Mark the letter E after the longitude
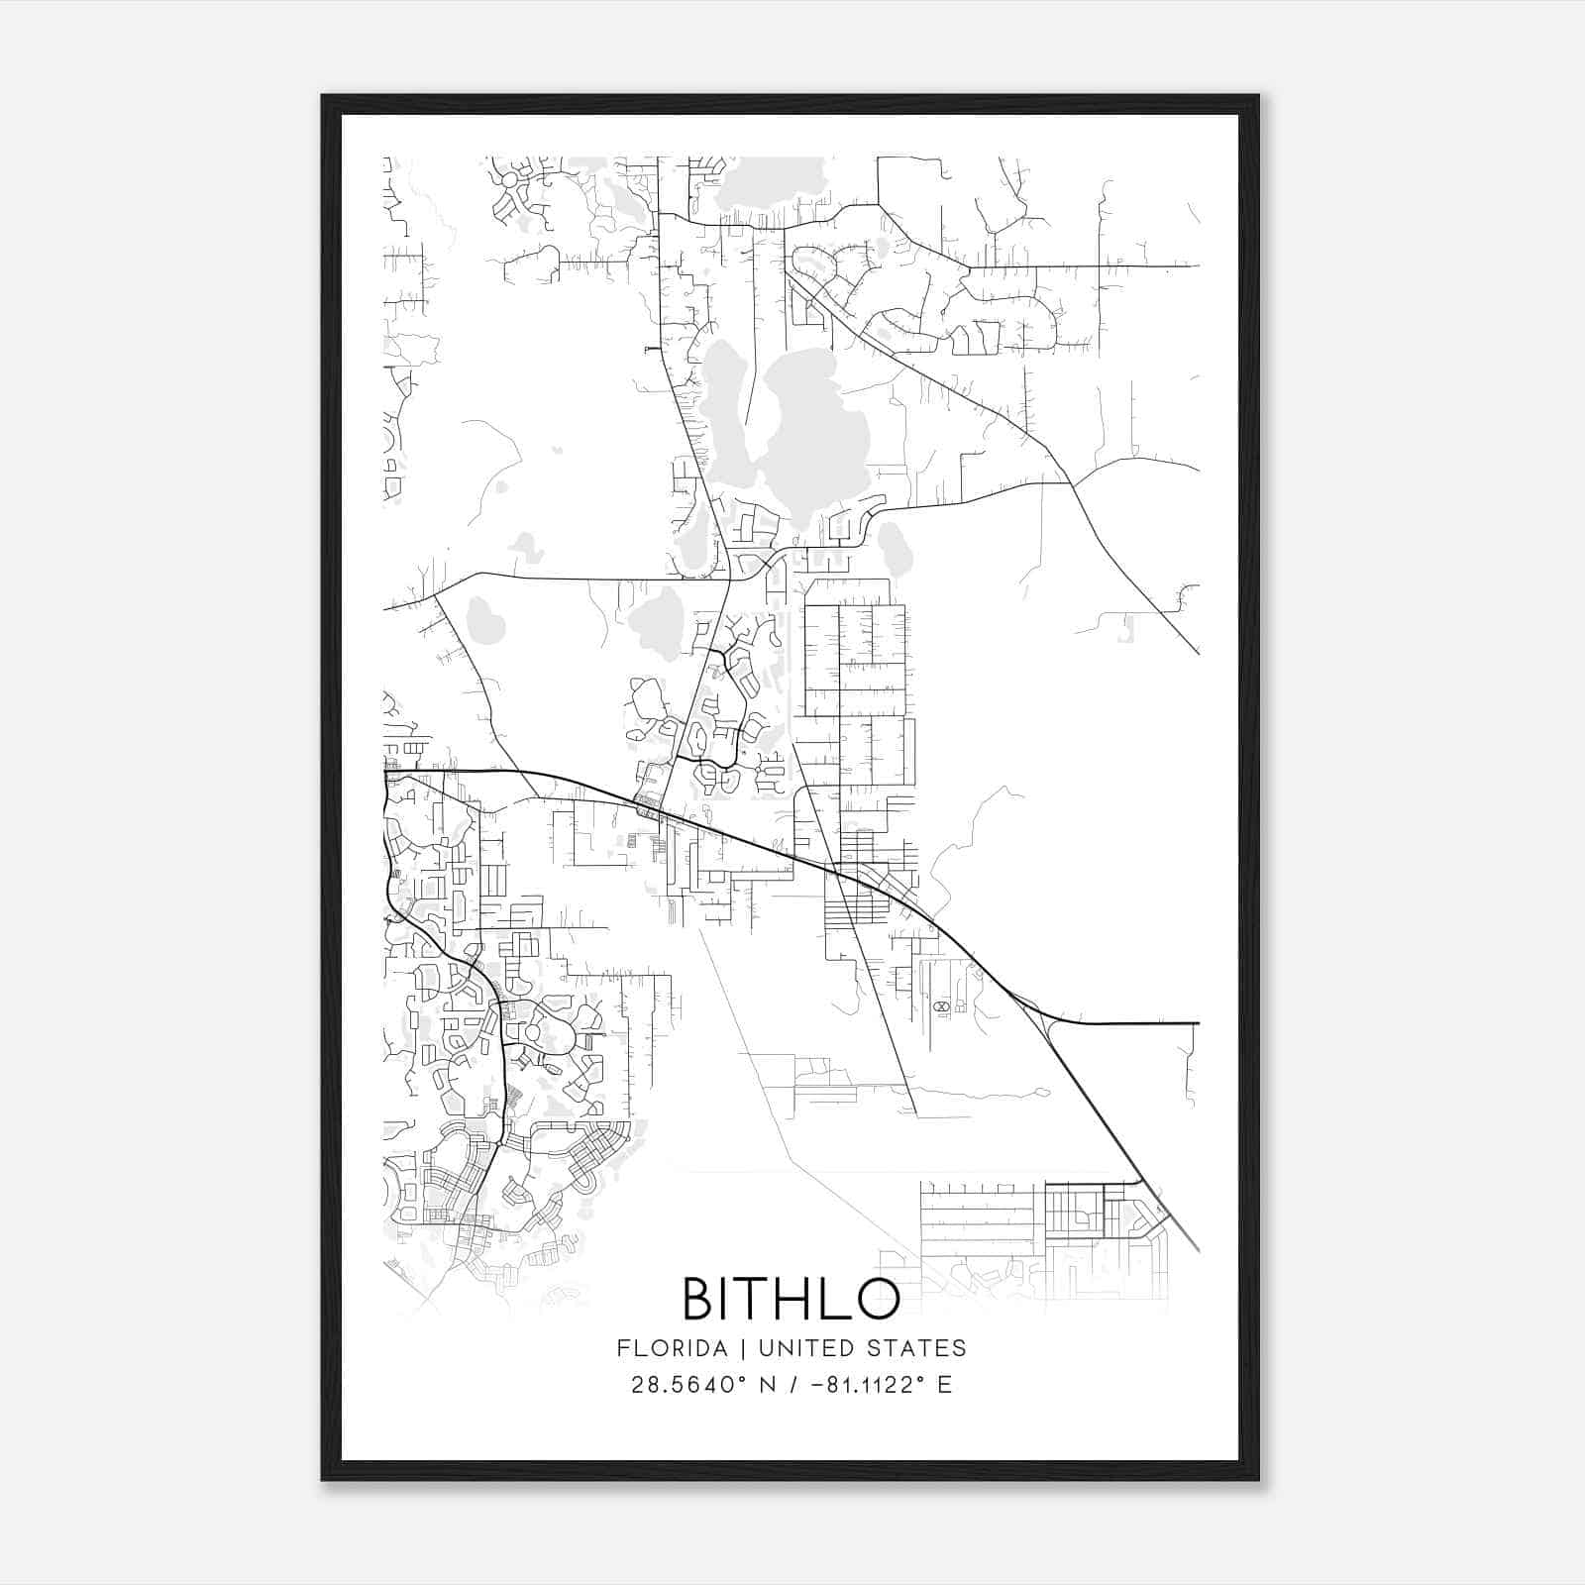[x=944, y=1385]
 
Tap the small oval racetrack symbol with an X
[x=940, y=1006]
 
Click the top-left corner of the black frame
[x=323, y=96]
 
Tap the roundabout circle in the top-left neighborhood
[x=510, y=181]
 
